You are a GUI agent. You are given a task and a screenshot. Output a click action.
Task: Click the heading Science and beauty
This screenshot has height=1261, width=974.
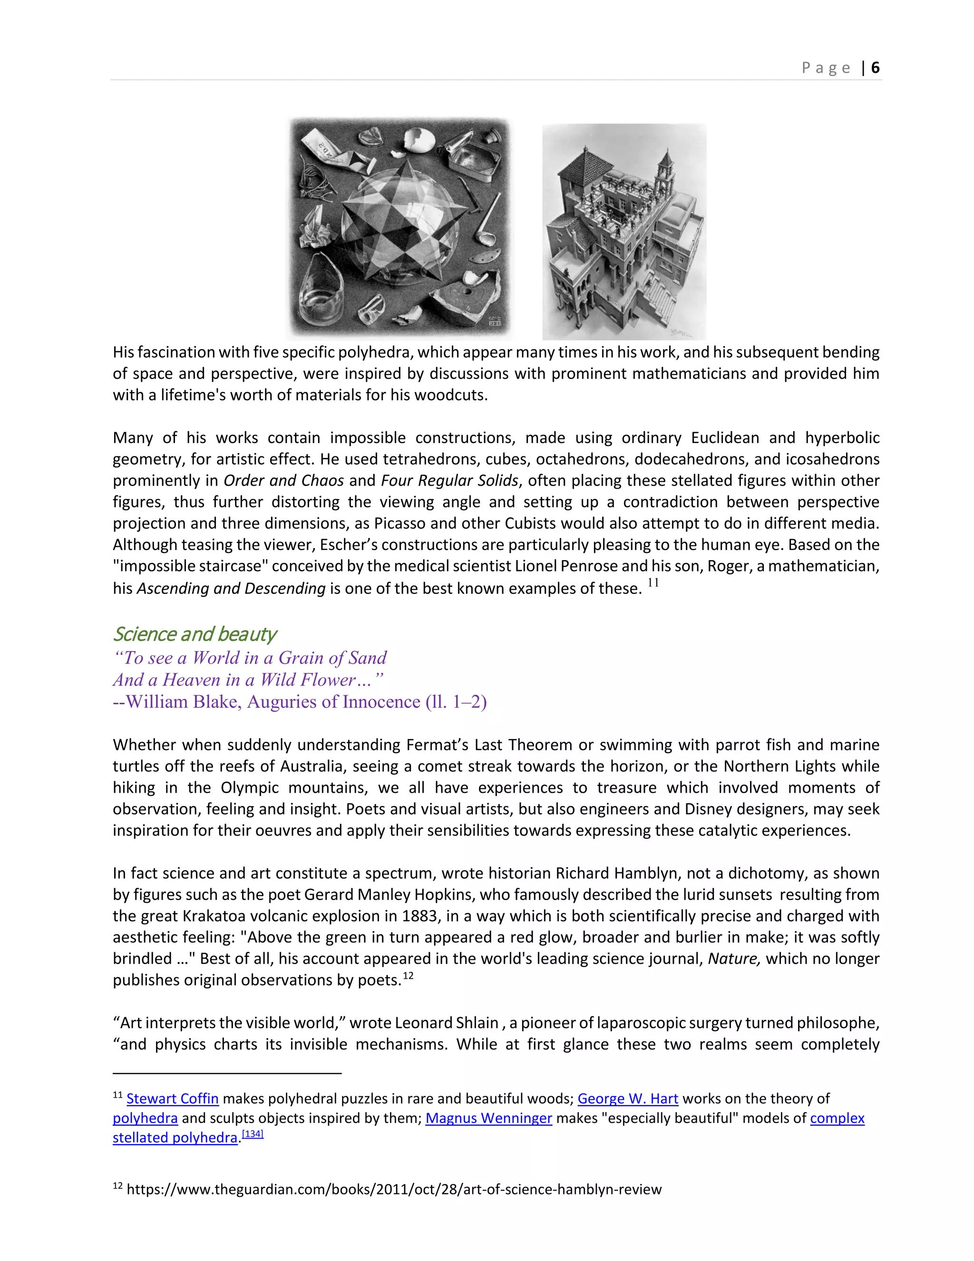(195, 633)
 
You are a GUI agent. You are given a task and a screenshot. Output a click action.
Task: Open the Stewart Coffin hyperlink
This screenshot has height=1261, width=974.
(173, 1098)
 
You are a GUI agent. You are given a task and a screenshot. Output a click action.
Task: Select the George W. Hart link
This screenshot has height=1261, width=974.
(627, 1098)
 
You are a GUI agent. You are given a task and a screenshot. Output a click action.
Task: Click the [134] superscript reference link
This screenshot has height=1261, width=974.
(252, 1134)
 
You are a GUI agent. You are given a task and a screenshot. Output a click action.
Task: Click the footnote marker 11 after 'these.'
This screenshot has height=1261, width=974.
(653, 582)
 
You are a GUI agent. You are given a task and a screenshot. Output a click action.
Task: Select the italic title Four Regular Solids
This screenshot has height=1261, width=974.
(449, 481)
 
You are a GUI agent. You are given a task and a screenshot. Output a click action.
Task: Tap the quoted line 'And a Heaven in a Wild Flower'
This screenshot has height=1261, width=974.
(248, 680)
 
